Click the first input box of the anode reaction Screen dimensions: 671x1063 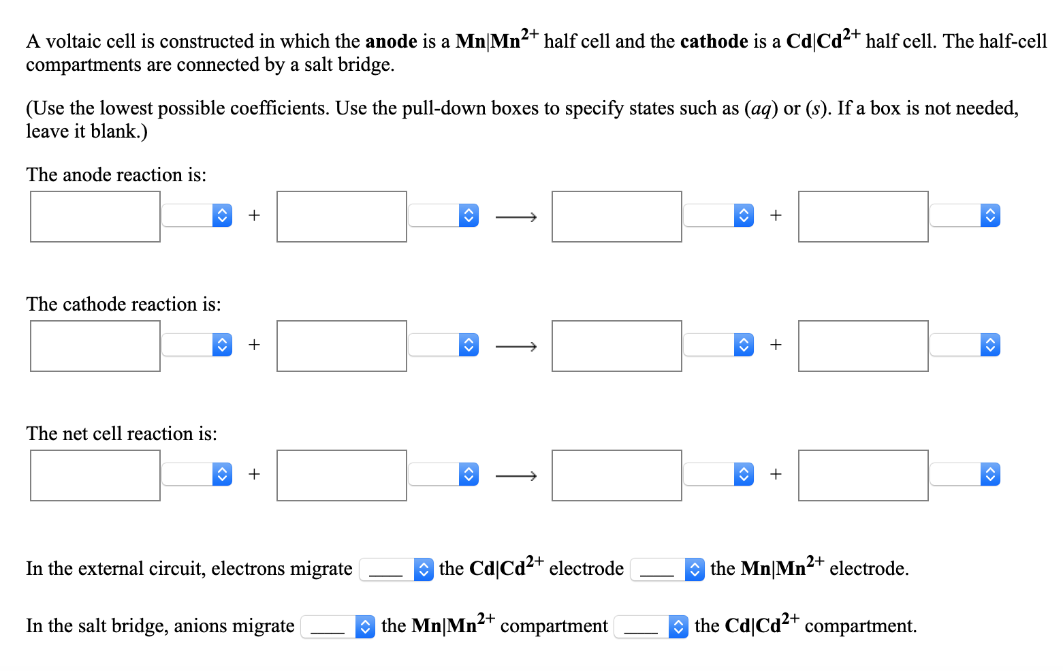[x=95, y=217]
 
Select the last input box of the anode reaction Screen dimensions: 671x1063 [x=863, y=217]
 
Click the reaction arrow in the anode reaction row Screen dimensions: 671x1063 [x=515, y=217]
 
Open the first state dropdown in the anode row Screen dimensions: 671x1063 [x=197, y=216]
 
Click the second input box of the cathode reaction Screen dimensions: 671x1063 [x=342, y=346]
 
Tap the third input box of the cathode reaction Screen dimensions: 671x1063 [x=616, y=346]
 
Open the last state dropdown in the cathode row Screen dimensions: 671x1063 [x=965, y=345]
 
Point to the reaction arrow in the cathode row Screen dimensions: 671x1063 [x=515, y=347]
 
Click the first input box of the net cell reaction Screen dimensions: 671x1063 [x=95, y=475]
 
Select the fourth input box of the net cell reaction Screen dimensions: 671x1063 [x=863, y=475]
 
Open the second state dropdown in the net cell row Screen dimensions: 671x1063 [x=443, y=475]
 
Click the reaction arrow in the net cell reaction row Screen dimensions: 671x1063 [x=515, y=476]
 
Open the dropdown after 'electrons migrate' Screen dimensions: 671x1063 [x=396, y=569]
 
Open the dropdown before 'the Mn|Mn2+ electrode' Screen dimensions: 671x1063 [x=667, y=569]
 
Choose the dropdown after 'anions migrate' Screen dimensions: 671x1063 [x=338, y=627]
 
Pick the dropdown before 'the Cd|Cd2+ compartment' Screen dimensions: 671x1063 [x=651, y=627]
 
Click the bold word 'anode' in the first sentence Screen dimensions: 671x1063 [x=391, y=42]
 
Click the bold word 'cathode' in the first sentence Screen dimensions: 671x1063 [x=714, y=42]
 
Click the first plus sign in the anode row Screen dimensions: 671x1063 [x=254, y=216]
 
